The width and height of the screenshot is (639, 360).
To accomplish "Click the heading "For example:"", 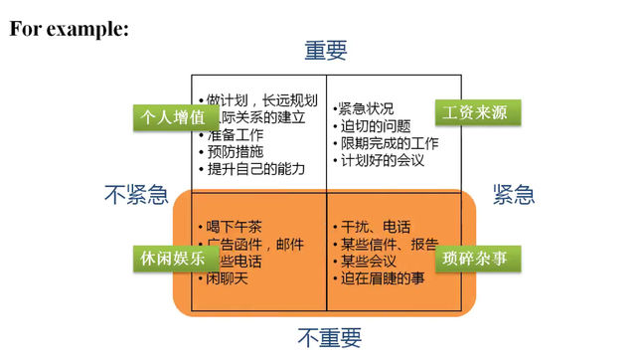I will click(70, 29).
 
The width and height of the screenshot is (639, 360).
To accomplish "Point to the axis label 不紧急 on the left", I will click(135, 195).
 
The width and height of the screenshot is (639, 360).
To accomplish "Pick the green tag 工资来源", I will click(477, 111).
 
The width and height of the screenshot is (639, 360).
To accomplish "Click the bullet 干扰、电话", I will click(376, 226).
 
